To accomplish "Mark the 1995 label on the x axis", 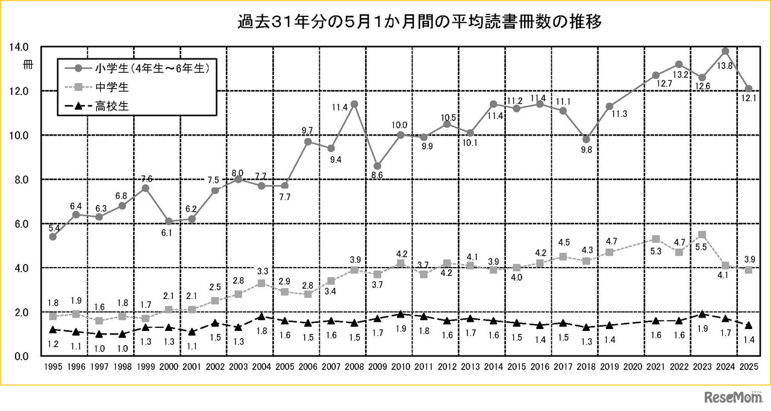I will [x=53, y=366].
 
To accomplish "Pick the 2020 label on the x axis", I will [x=632, y=366].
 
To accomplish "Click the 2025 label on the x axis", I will [x=748, y=366].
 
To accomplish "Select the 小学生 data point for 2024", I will [x=725, y=51].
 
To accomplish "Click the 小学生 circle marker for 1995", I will [x=53, y=237].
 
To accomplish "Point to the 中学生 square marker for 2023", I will [x=702, y=234].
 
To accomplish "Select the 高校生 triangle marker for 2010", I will [x=401, y=314].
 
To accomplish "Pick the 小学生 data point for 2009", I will [x=378, y=166].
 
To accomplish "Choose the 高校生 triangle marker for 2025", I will [x=748, y=325].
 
